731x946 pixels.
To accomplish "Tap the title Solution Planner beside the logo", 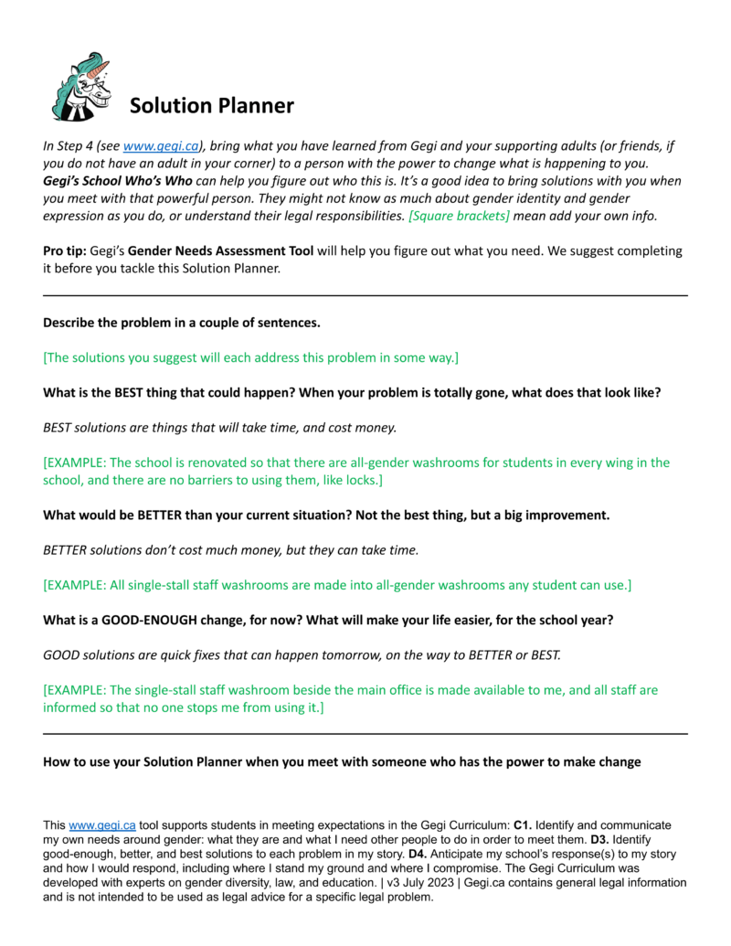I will tap(211, 106).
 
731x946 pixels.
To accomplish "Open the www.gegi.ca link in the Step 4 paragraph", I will tap(151, 146).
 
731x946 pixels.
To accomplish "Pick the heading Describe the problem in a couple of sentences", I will tap(181, 323).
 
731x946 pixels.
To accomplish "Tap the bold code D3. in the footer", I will tap(599, 839).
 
